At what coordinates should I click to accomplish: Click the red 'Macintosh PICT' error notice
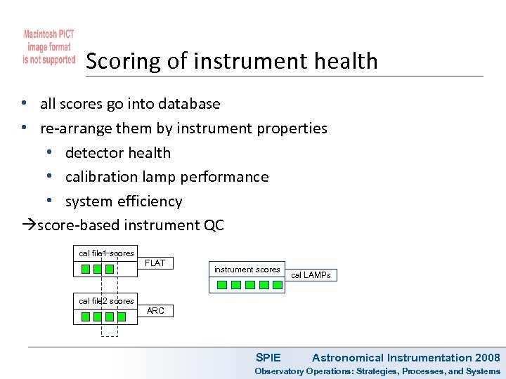click(x=48, y=47)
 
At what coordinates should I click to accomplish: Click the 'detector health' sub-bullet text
click(x=117, y=153)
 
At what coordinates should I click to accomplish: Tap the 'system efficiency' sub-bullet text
click(x=123, y=201)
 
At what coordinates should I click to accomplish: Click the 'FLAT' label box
click(x=155, y=263)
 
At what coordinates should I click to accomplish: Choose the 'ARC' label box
click(x=155, y=311)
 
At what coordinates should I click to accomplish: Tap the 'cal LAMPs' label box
click(x=311, y=275)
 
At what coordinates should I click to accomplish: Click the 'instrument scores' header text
click(x=247, y=270)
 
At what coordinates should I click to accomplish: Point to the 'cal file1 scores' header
click(x=106, y=253)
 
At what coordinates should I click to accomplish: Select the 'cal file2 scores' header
click(x=106, y=301)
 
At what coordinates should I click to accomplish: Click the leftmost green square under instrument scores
click(x=221, y=285)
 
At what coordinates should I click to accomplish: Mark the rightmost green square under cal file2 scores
click(x=122, y=317)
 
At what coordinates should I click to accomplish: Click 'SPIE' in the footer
click(x=268, y=358)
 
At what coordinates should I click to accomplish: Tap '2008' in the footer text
click(x=488, y=358)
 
